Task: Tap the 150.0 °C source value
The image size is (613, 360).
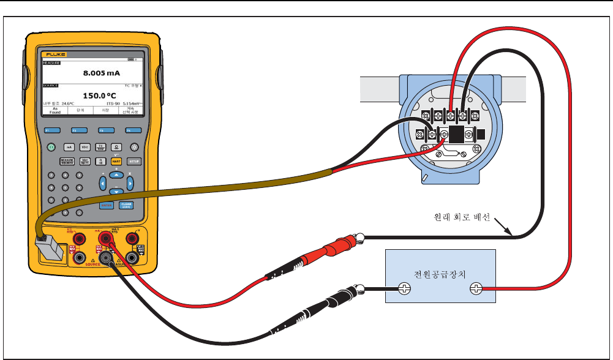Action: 100,96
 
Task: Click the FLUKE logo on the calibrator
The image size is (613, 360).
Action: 50,54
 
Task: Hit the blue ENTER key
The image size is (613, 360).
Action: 105,206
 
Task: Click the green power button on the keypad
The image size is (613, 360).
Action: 51,148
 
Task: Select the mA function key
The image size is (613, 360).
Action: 69,148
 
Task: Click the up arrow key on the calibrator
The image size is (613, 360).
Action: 116,175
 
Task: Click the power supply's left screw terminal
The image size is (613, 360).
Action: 405,289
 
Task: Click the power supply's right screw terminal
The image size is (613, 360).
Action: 474,289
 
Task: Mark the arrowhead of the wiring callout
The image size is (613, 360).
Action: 511,234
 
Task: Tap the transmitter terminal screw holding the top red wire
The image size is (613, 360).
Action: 451,115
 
